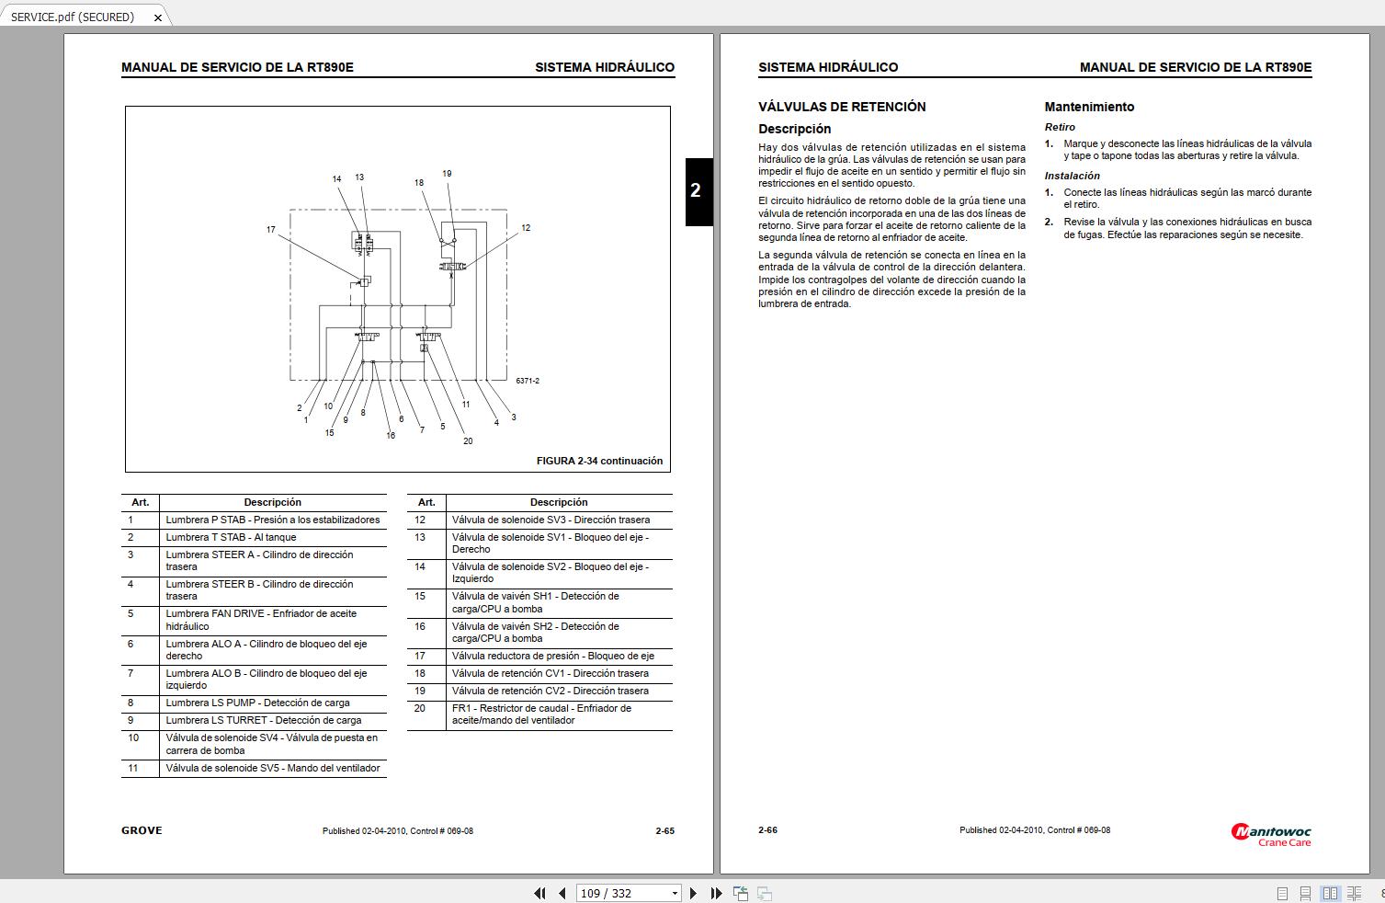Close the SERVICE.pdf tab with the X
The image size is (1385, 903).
158,17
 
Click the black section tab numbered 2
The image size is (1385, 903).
698,191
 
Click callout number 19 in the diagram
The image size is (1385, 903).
447,174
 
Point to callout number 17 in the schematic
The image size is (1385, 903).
271,230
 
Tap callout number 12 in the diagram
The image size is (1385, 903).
526,228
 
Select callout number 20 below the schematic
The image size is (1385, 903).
468,441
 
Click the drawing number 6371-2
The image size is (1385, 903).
528,381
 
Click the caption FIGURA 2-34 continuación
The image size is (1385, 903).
599,462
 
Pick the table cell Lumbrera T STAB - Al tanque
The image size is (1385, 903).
231,538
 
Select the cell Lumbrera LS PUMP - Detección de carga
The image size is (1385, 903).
257,703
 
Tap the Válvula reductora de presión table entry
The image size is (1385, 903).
552,657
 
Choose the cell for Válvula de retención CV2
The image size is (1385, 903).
550,692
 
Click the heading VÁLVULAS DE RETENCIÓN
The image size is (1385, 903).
842,107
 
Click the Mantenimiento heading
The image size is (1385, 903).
1089,107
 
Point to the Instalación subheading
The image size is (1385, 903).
1072,176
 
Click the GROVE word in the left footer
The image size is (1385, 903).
142,830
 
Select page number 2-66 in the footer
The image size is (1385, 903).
767,830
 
